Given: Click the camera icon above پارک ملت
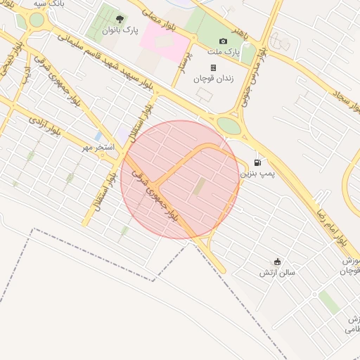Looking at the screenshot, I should (x=224, y=41).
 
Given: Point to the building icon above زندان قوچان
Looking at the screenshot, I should (x=213, y=67).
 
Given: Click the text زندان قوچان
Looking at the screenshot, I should (x=213, y=78).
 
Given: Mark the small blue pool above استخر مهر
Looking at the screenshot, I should (x=98, y=136).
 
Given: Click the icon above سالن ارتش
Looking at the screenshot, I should (x=277, y=261).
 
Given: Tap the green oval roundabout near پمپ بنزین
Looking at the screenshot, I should (x=228, y=124).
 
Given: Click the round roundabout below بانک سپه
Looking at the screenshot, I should (x=37, y=20).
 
